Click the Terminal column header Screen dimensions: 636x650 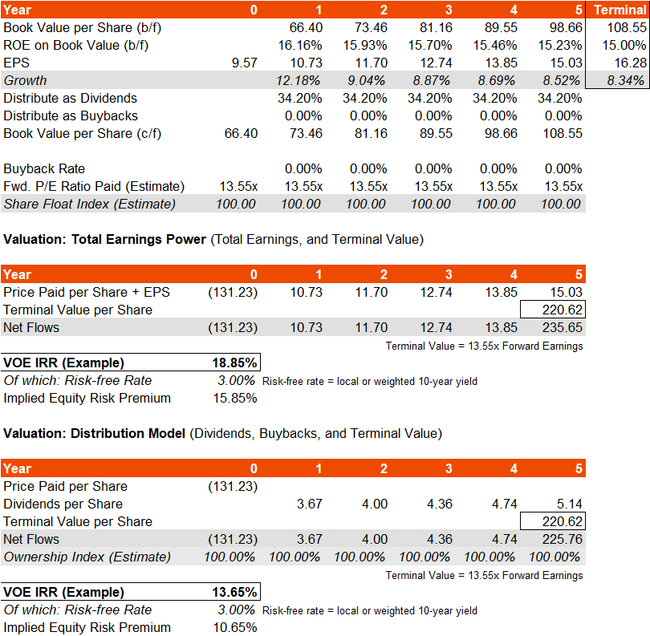[619, 10]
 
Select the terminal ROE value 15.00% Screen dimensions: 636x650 [624, 45]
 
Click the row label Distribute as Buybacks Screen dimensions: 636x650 [71, 115]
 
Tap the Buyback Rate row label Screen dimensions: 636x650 [44, 168]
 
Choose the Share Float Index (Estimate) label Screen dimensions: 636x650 [89, 204]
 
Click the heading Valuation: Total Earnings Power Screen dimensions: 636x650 [104, 239]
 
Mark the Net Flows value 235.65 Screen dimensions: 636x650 [564, 327]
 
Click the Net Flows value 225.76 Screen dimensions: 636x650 [564, 539]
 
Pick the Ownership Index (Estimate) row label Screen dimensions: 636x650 [87, 557]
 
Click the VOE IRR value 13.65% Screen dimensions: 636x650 [234, 593]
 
